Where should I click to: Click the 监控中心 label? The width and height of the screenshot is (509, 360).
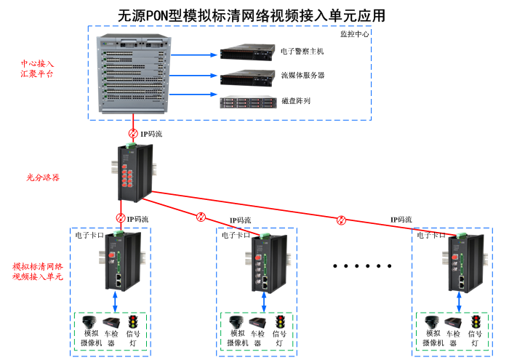[x=355, y=33]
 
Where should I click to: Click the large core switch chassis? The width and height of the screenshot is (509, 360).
[x=135, y=75]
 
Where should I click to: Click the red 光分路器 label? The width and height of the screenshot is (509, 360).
[x=43, y=177]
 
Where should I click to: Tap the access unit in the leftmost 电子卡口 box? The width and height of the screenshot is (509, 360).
[x=116, y=260]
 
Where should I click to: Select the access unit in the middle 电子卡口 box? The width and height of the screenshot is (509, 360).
[x=262, y=262]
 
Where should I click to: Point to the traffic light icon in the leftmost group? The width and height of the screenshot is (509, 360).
[x=133, y=321]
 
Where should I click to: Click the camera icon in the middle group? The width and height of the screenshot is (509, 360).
[x=236, y=321]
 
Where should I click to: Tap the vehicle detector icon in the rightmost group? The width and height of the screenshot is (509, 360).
[x=452, y=322]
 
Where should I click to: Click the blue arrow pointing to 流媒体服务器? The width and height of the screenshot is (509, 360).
[x=196, y=76]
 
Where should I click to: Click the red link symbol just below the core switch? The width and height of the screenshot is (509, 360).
[x=133, y=134]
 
